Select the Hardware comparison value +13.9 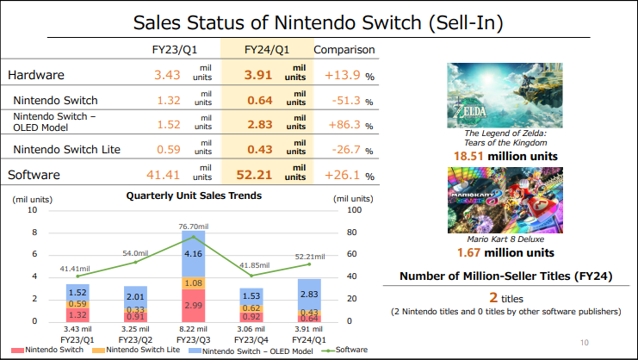[x=342, y=76]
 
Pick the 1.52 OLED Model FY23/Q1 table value [x=168, y=125]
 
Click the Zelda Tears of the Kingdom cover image [x=499, y=94]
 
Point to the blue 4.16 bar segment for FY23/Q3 [x=194, y=254]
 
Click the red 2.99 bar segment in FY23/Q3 [x=194, y=305]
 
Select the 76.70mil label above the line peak [x=194, y=226]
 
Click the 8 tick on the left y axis [x=34, y=233]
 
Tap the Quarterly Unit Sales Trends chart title [x=194, y=196]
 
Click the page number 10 [x=585, y=344]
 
